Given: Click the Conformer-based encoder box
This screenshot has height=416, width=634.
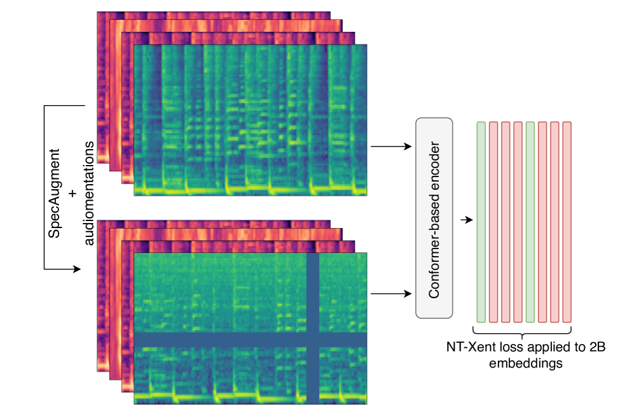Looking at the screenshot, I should (434, 218).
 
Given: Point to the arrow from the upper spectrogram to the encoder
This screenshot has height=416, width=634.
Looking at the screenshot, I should (389, 147).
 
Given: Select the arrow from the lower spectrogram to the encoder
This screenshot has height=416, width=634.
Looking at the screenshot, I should (389, 294).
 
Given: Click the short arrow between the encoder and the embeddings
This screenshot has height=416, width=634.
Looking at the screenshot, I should (469, 220).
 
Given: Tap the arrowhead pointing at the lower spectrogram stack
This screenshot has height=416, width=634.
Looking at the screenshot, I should (78, 269).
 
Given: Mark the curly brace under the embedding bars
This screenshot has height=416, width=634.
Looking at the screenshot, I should (523, 332).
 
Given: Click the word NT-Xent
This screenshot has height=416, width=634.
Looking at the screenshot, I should (467, 348).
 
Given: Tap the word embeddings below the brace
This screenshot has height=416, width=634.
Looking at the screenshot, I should (523, 363).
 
